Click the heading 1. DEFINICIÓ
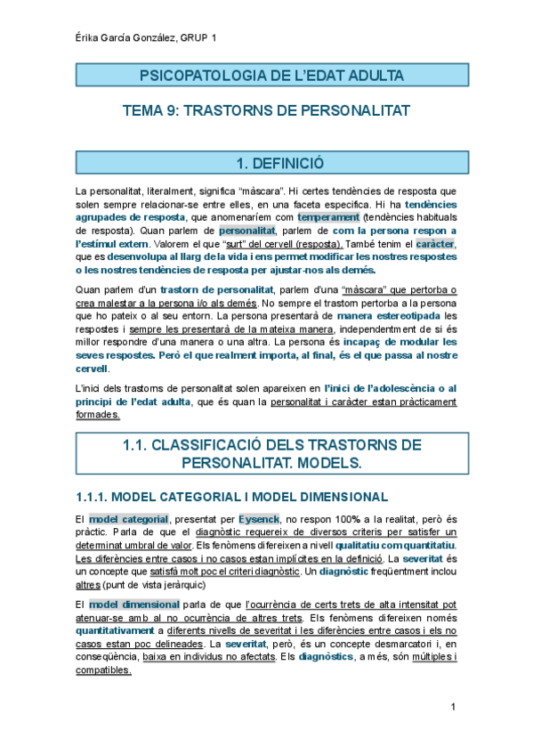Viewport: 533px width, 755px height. coord(266,163)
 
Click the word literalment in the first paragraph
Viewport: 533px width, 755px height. coord(157,191)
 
